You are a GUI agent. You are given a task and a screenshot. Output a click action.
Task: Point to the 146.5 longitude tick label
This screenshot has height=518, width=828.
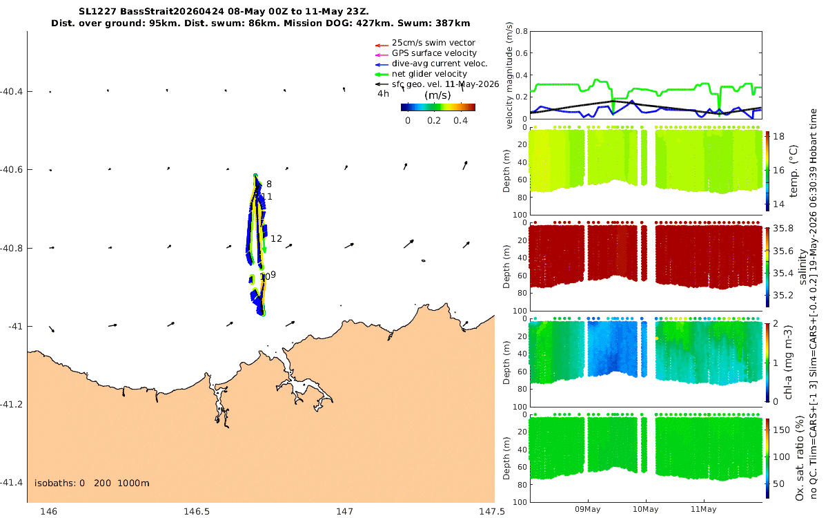pos(197,512)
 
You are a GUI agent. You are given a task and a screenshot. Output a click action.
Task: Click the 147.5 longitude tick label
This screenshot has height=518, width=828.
pos(491,512)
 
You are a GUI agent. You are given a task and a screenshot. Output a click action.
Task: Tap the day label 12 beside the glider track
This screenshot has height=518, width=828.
pos(276,239)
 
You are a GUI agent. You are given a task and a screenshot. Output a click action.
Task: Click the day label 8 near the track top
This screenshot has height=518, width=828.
pos(269,184)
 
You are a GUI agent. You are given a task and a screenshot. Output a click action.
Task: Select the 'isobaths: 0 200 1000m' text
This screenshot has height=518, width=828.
pos(92,483)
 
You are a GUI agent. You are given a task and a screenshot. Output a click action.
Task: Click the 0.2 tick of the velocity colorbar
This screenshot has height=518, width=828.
pos(434,121)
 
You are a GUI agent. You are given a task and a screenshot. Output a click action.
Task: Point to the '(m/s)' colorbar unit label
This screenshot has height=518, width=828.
pos(437,95)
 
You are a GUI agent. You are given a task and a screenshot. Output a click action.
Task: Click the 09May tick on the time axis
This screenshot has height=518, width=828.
pos(588,510)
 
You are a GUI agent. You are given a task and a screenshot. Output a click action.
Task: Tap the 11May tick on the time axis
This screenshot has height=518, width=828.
pos(703,510)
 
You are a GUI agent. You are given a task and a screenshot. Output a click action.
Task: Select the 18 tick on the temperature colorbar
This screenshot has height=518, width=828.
pos(778,137)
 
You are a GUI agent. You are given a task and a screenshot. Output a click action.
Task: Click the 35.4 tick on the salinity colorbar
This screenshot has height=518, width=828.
pos(783,273)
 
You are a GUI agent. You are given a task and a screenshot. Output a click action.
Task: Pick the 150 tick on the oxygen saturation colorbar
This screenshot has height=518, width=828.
pos(781,430)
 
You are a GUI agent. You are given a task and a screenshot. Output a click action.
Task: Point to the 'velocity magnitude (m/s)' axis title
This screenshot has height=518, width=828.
pos(509,75)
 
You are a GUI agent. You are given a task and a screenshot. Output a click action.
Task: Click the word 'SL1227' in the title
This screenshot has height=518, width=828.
pos(97,12)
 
